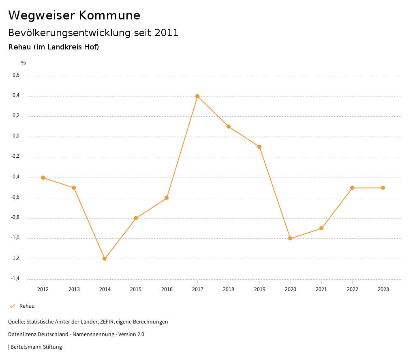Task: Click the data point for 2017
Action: coord(197,96)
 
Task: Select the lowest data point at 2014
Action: coord(105,259)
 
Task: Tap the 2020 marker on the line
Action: coord(290,238)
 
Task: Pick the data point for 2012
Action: coord(43,178)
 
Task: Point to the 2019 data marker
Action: coord(259,147)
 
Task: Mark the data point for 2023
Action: coord(383,188)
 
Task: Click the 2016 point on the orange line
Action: coord(167,198)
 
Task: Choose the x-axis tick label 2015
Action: coord(136,289)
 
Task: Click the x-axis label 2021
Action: coord(321,289)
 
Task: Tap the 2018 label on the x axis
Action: coord(229,289)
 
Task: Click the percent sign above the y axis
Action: coord(24,63)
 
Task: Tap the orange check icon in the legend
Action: coord(12,306)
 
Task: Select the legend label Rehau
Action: coord(27,306)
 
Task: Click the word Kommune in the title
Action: coord(110,15)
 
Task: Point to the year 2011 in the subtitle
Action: coord(167,33)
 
